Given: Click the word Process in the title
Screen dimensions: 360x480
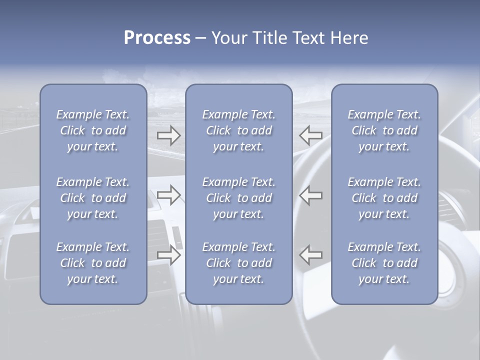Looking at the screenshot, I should pyautogui.click(x=157, y=38).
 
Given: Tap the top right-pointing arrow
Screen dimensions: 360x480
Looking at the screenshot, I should pyautogui.click(x=169, y=134).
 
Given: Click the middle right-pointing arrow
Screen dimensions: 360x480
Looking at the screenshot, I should pyautogui.click(x=169, y=195).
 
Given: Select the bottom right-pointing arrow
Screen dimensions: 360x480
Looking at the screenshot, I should pyautogui.click(x=169, y=255).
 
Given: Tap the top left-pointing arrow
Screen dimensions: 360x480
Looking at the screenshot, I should pyautogui.click(x=311, y=134).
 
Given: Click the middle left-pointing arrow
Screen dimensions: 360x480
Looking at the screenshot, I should pyautogui.click(x=311, y=195).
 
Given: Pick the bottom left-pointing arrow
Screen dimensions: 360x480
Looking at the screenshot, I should pyautogui.click(x=311, y=255).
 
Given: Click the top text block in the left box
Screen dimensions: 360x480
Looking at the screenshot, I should pyautogui.click(x=93, y=130).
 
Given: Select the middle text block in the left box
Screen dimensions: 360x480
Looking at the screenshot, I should pyautogui.click(x=93, y=198).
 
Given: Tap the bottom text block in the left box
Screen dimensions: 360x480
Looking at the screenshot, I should pyautogui.click(x=93, y=263).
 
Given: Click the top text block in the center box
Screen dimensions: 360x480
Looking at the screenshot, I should pyautogui.click(x=238, y=130).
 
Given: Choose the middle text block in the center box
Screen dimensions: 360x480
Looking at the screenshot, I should pyautogui.click(x=238, y=198).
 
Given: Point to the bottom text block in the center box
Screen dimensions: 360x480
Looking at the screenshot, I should pyautogui.click(x=238, y=263).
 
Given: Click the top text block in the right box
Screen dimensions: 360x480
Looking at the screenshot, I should pyautogui.click(x=384, y=130).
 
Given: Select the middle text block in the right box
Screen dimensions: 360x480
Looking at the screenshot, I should pyautogui.click(x=384, y=198).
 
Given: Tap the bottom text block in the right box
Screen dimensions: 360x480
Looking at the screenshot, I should pyautogui.click(x=384, y=263).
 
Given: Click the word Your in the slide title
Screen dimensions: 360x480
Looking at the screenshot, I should pyautogui.click(x=229, y=38).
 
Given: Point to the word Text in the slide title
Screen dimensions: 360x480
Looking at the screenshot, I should pyautogui.click(x=309, y=38).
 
